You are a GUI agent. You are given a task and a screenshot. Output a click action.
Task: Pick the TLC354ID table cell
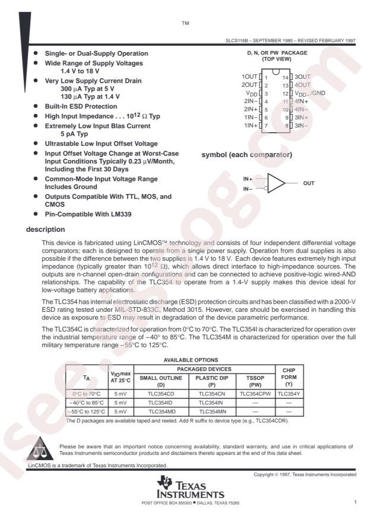158,401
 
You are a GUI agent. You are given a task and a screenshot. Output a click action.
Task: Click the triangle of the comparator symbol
275,183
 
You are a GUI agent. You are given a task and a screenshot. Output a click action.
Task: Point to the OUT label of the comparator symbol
309,183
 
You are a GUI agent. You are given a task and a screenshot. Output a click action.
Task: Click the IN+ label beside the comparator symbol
248,178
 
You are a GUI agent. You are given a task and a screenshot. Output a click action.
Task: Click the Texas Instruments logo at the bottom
189,493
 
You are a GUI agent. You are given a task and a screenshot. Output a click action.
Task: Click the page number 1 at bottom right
354,503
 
